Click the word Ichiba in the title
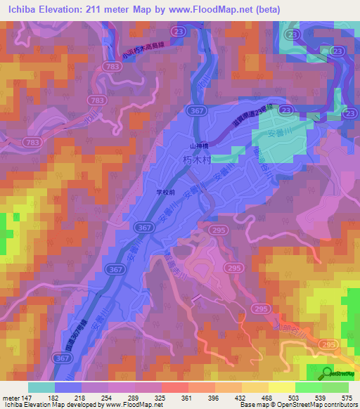coord(21,10)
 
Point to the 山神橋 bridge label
coord(199,145)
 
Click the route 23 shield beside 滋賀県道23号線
coord(349,112)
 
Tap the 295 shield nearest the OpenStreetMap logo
coord(326,344)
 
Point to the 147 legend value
coord(27,398)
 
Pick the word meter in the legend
coord(10,398)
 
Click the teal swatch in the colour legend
coord(41,387)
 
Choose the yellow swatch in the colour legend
coord(282,387)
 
